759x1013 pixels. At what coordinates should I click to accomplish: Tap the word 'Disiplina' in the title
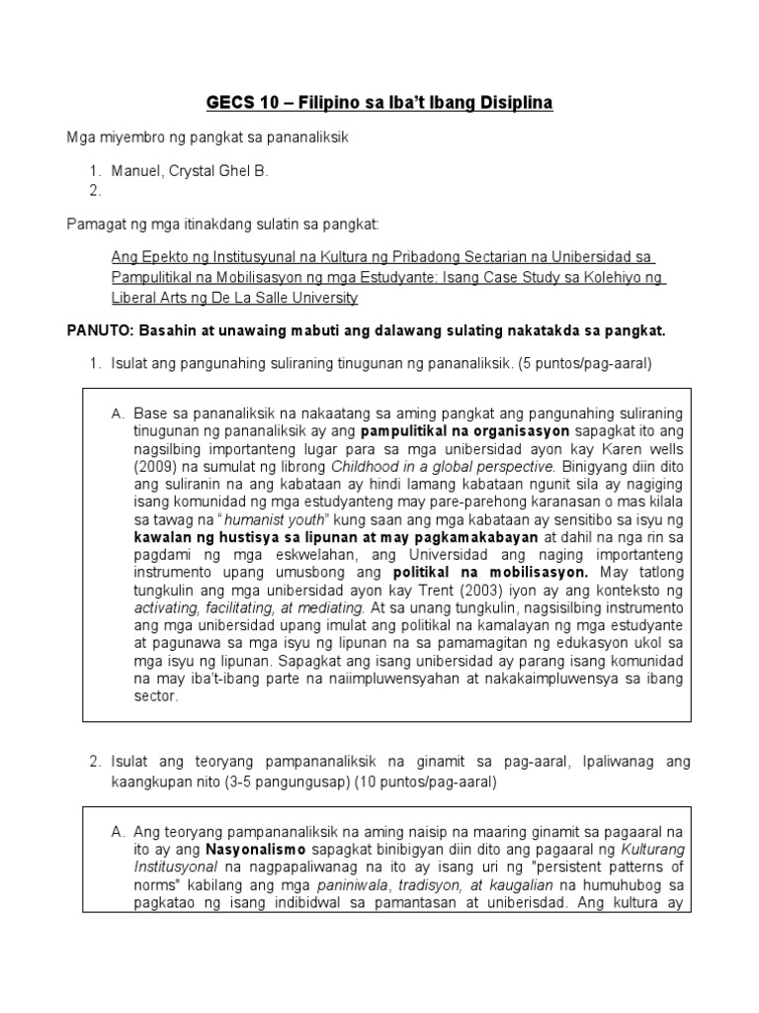click(x=509, y=103)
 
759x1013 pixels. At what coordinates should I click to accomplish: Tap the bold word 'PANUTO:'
click(x=97, y=328)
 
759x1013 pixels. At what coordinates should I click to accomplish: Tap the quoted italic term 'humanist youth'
click(x=243, y=519)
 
